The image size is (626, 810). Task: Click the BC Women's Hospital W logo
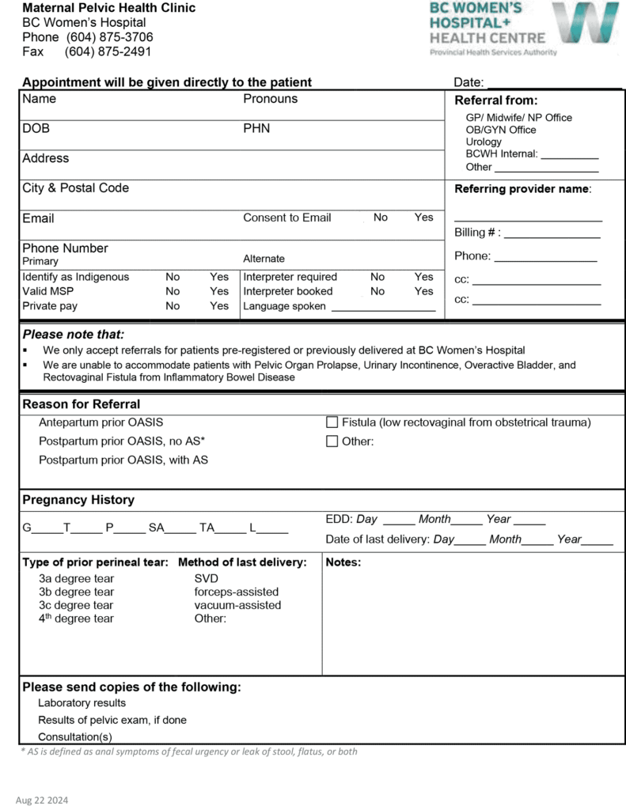585,23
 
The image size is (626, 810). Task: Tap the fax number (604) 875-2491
108,51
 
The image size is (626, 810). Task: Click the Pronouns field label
270,99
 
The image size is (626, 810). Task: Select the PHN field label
256,128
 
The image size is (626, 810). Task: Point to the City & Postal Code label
75,188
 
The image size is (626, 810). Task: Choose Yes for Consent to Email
423,218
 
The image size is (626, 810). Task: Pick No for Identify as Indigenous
173,277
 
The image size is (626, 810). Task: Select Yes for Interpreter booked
423,291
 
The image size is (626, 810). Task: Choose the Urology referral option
484,142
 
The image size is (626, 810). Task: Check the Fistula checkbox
332,422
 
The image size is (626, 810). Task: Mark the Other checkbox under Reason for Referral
332,441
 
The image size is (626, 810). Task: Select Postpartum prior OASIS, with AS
123,460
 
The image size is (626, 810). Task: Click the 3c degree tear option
76,605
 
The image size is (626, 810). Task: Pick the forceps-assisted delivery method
236,592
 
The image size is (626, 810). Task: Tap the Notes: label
343,562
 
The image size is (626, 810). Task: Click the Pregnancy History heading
78,500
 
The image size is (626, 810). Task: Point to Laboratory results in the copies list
82,702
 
